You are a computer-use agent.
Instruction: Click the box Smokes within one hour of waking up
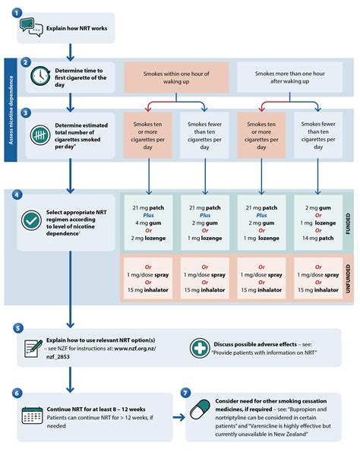pos(176,77)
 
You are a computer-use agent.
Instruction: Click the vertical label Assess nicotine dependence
pos(11,113)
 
